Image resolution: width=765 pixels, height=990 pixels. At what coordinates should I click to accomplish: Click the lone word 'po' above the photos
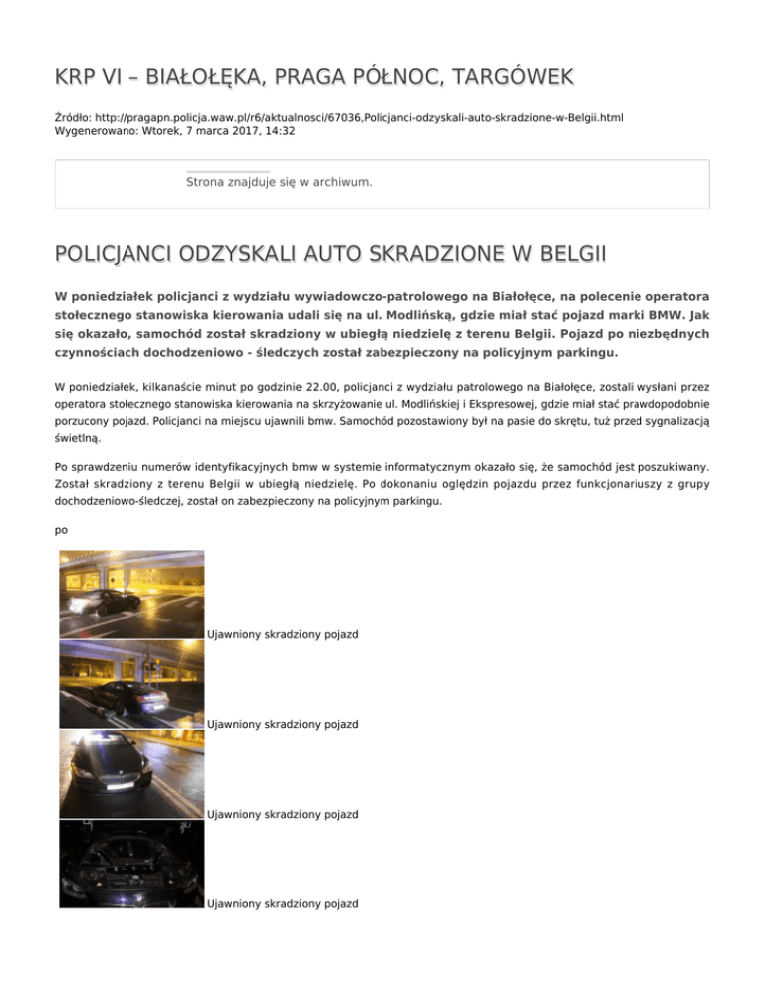click(x=62, y=530)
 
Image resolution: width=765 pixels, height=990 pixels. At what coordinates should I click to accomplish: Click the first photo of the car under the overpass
click(x=130, y=595)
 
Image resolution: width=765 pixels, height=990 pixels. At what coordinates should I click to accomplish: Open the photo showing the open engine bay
click(x=130, y=864)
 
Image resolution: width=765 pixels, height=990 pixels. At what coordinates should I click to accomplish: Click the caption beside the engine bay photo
click(x=282, y=904)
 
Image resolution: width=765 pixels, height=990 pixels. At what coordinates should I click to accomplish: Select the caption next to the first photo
click(x=282, y=634)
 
